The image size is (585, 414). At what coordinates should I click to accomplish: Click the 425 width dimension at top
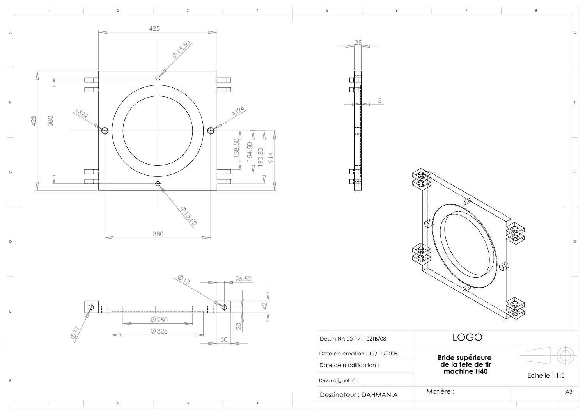point(154,28)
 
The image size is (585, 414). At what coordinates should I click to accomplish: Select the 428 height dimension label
point(34,121)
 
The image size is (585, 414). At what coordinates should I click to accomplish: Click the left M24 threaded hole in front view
point(105,130)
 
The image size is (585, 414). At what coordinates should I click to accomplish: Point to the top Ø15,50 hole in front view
point(158,78)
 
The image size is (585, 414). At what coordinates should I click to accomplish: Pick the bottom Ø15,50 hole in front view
point(158,183)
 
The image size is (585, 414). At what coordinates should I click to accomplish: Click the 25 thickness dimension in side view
point(358,43)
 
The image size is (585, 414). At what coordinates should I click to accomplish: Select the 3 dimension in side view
point(380,100)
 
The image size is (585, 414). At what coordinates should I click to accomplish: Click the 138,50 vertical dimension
point(236,147)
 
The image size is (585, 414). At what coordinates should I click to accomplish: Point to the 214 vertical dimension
point(271,157)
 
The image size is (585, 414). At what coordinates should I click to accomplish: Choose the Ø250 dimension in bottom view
point(159,320)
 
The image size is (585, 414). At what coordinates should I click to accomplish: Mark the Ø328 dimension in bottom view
point(159,331)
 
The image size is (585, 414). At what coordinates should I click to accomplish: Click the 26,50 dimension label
point(243,279)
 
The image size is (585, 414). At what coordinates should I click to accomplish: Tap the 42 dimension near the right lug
point(264,306)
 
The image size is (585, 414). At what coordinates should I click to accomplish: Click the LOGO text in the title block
point(467,338)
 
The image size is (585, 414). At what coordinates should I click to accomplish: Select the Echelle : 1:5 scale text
point(546,375)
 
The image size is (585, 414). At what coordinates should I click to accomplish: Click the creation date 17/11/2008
point(383,354)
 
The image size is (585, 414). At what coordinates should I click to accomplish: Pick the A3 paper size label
point(569,392)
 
